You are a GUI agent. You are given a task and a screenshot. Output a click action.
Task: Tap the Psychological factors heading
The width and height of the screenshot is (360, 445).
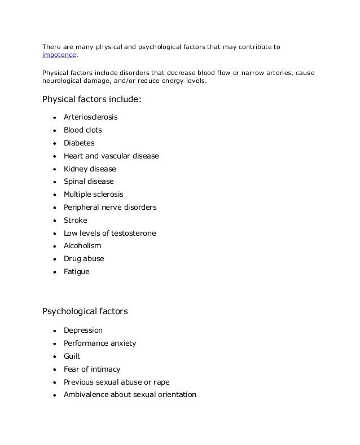coord(85,311)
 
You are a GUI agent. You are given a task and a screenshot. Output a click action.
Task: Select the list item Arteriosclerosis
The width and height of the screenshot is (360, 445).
coord(91,117)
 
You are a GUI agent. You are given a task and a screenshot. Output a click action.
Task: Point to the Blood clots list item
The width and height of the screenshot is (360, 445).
coord(83,130)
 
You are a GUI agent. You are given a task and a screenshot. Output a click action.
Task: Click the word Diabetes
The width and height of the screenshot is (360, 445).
coord(79,143)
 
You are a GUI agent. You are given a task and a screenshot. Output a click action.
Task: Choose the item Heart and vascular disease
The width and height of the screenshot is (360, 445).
coord(111,156)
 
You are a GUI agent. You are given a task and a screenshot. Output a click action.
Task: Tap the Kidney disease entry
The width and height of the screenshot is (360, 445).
coord(90,169)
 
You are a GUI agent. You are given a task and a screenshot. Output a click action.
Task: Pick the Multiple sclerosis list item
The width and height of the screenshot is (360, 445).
coord(94,195)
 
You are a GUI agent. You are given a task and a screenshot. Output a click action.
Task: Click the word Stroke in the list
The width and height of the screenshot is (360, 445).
coord(76,220)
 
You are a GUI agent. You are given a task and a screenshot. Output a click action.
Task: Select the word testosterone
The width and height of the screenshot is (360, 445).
coord(134,233)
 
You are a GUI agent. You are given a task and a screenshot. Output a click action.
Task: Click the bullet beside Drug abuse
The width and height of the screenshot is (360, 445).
coord(55,259)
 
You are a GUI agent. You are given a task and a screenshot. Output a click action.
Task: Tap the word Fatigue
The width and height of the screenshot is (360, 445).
coord(77,271)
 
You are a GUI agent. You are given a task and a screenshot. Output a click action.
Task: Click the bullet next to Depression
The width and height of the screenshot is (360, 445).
coord(55,331)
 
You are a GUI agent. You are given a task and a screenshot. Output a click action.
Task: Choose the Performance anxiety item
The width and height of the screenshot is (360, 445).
coord(100,343)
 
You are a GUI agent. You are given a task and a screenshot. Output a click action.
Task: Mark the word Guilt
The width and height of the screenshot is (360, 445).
coord(72,356)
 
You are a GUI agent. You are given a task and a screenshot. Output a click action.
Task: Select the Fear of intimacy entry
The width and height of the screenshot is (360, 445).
coord(92,369)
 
